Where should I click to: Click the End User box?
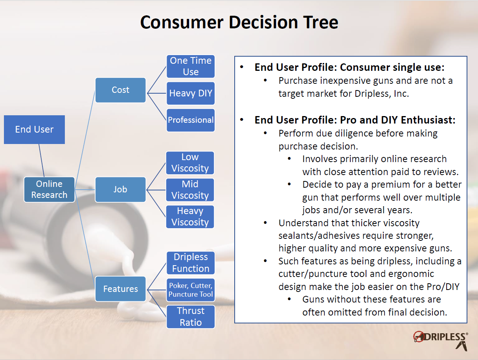coord(34,129)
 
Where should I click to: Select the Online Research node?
coord(49,189)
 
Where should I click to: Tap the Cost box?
coord(120,90)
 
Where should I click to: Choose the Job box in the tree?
coord(120,189)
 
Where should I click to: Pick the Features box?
coord(120,289)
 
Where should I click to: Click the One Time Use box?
coord(191,66)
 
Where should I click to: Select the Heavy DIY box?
coord(191,93)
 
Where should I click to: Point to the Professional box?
coord(191,120)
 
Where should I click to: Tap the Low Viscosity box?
coord(190,163)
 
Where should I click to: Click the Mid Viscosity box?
coord(190,190)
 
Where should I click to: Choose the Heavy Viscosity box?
coord(190,217)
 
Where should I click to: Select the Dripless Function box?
coord(191,263)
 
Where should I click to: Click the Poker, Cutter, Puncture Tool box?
coord(191,290)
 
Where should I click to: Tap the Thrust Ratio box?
coord(191,317)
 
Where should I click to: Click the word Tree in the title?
coord(321,22)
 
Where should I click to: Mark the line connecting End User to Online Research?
coord(42,161)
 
